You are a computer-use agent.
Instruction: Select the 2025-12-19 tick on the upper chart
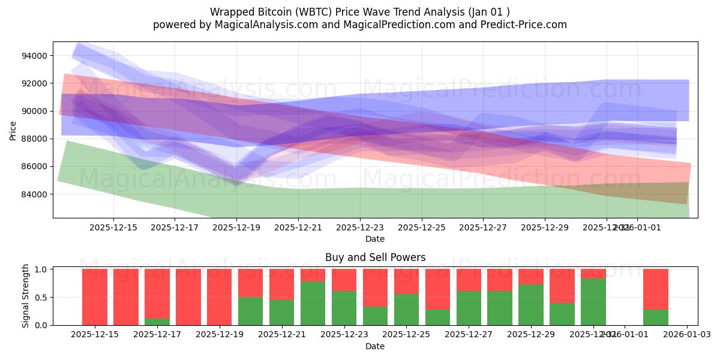click(x=236, y=228)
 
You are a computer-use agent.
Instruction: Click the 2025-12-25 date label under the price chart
click(x=422, y=228)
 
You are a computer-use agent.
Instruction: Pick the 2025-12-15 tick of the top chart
click(x=113, y=228)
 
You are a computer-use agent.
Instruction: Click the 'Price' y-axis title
click(x=13, y=130)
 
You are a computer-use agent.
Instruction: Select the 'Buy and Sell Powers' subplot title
click(x=375, y=257)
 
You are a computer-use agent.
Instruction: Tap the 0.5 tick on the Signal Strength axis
click(x=41, y=298)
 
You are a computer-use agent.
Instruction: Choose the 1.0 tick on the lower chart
click(x=41, y=269)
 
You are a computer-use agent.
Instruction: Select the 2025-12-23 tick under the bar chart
click(x=344, y=335)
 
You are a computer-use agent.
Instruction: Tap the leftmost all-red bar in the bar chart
click(x=95, y=297)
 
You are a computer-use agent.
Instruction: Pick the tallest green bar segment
click(x=593, y=302)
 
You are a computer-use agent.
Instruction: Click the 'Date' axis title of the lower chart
click(x=375, y=346)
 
